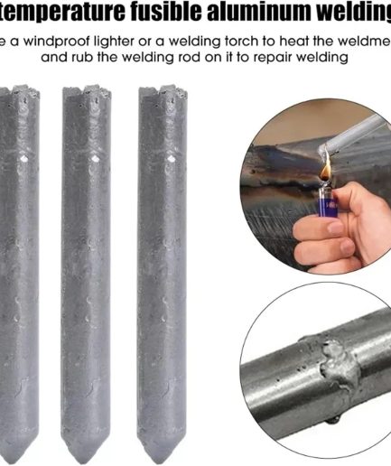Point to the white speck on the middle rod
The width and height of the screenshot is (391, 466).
pos(95,159)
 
